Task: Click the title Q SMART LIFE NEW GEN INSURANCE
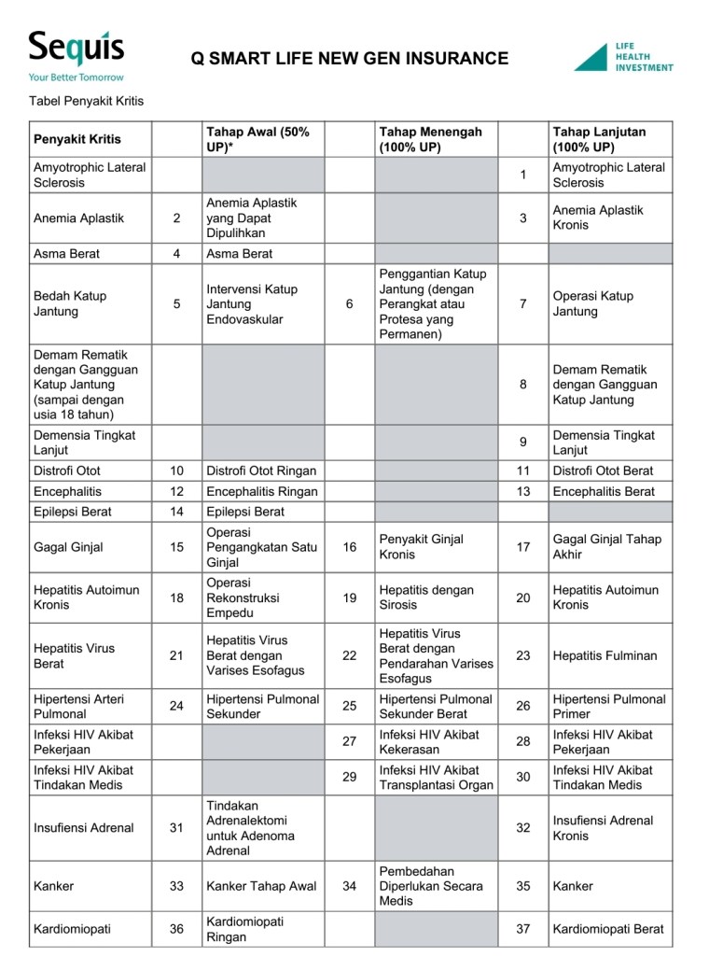[350, 59]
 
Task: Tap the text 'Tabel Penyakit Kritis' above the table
[86, 101]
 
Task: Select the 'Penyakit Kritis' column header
[77, 139]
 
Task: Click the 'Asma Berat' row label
[66, 253]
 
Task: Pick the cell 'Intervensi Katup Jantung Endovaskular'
[252, 303]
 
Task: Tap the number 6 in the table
[350, 303]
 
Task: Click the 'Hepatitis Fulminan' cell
[605, 655]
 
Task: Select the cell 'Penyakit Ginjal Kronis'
[421, 546]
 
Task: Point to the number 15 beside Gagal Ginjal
[177, 547]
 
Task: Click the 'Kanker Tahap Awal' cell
[261, 886]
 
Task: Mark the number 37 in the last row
[523, 929]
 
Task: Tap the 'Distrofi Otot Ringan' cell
[261, 471]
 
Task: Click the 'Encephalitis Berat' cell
[604, 491]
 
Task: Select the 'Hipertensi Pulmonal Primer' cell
[609, 706]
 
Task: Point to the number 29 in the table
[350, 777]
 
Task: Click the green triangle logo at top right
[591, 57]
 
